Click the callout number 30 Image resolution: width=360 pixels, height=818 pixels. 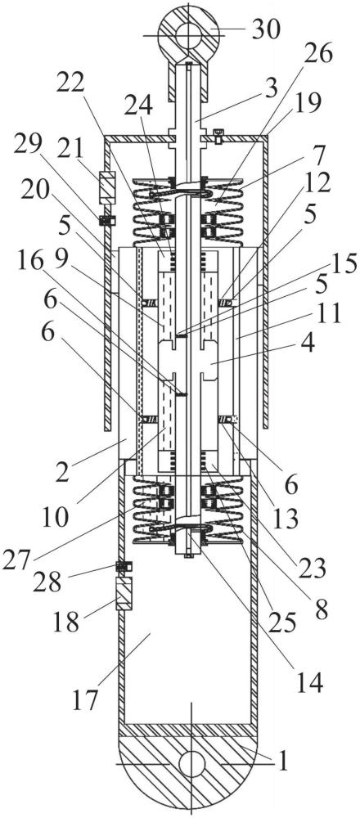(x=266, y=31)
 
